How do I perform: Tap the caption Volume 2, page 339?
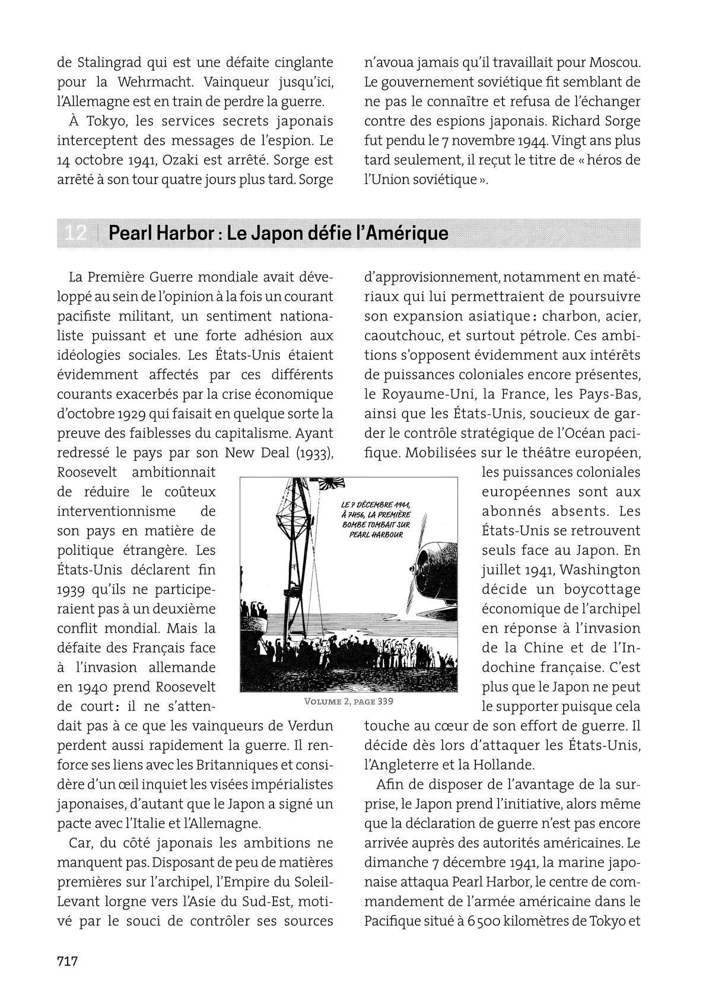[348, 701]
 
